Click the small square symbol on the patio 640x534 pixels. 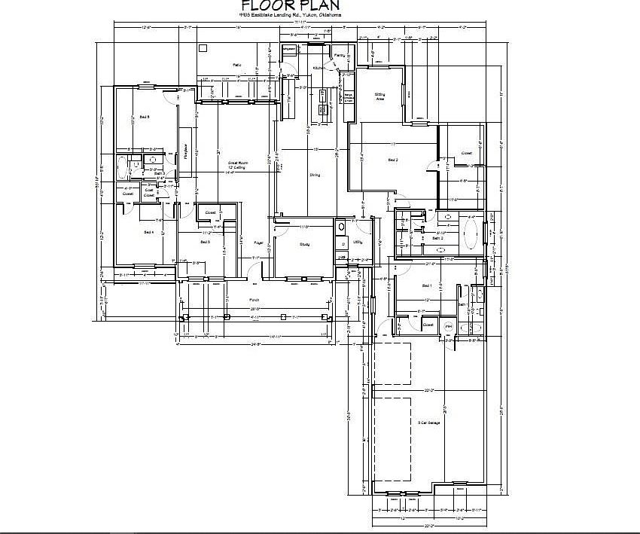202,47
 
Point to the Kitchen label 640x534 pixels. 318,68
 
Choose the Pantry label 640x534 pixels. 340,56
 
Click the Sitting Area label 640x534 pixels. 380,96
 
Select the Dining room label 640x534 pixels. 315,175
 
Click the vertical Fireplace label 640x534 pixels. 185,151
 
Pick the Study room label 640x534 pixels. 304,244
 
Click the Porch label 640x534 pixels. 254,299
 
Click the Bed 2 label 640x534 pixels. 392,160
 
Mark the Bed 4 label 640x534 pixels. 148,232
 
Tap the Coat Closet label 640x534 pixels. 149,192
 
